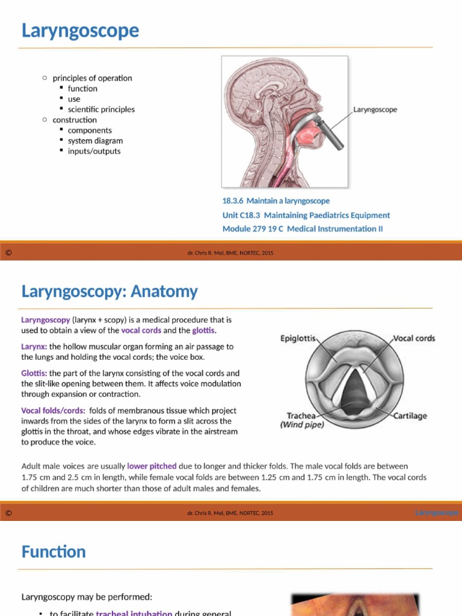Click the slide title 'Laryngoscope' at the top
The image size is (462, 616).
80,30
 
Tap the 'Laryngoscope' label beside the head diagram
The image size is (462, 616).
375,110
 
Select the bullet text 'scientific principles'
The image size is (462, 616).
101,109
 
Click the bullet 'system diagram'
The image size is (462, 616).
95,141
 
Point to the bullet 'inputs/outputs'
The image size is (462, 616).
94,151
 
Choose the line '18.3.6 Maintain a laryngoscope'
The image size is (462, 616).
276,201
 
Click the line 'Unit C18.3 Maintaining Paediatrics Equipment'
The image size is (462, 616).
306,215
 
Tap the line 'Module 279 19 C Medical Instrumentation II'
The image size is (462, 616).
302,229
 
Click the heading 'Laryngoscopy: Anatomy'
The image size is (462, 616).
109,292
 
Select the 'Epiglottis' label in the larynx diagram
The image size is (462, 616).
298,339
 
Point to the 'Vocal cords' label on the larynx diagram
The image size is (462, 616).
414,339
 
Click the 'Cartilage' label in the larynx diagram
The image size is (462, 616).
411,416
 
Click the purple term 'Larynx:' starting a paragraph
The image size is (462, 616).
34,346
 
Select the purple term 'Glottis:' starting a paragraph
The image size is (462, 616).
34,373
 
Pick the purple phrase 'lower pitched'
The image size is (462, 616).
152,466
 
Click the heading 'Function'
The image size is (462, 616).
54,552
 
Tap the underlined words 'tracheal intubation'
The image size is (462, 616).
134,613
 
